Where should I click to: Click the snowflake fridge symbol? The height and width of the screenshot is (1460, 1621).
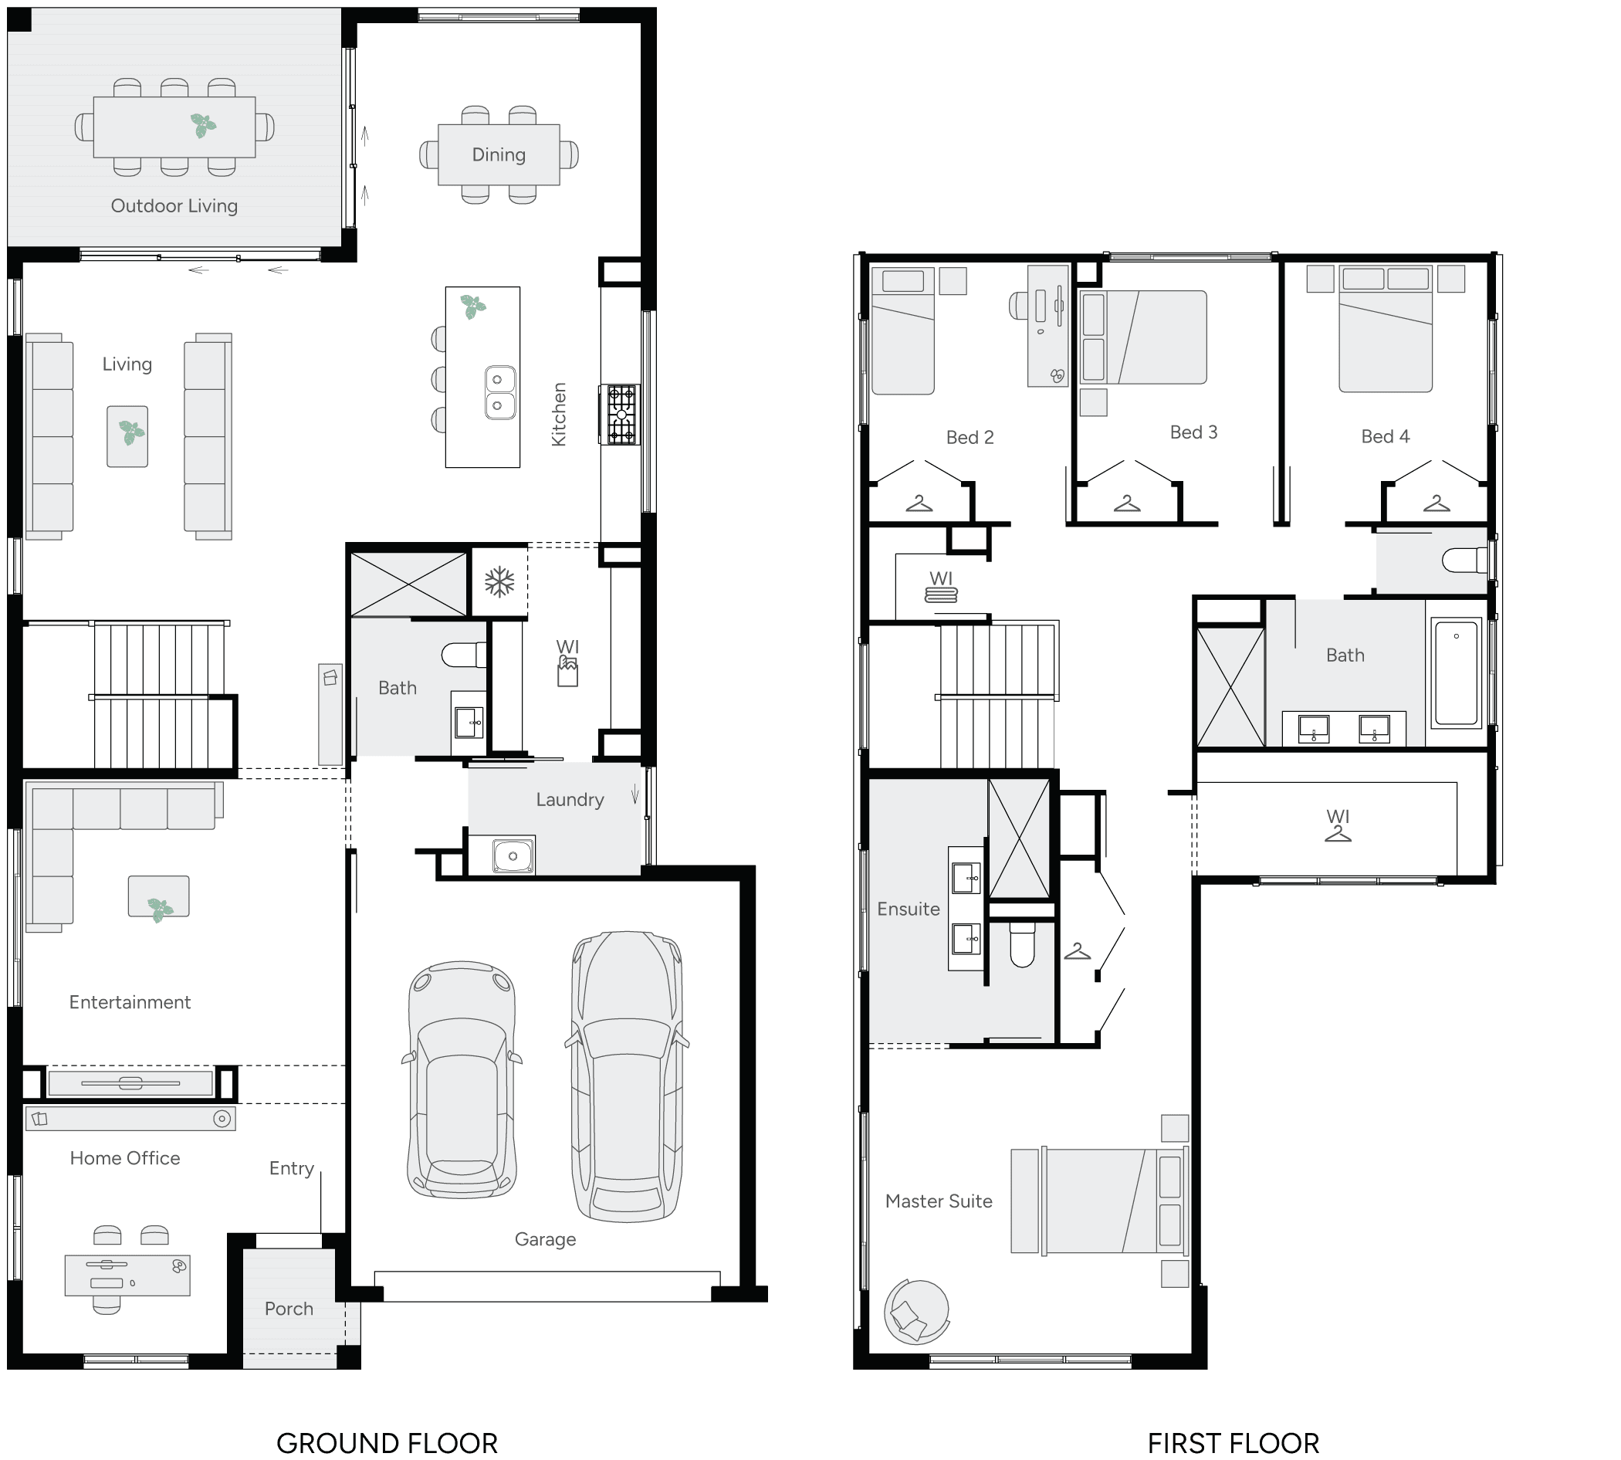499,581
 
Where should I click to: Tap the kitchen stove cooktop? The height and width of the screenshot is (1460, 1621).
621,415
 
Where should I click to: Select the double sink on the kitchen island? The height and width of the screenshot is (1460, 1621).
499,392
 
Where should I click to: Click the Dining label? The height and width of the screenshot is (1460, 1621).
498,155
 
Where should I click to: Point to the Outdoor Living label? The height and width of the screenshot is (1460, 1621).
174,206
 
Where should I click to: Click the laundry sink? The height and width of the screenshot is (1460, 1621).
513,856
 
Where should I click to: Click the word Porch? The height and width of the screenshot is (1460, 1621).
289,1309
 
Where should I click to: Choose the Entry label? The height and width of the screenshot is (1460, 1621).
291,1168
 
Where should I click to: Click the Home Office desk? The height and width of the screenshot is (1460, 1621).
127,1275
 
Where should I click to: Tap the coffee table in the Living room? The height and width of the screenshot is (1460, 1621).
127,435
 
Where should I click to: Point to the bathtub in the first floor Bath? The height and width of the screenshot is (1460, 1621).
1456,673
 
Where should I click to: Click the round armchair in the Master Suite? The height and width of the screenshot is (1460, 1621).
916,1312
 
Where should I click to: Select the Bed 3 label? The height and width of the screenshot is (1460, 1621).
1193,432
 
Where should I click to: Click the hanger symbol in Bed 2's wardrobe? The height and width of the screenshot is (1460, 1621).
919,503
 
